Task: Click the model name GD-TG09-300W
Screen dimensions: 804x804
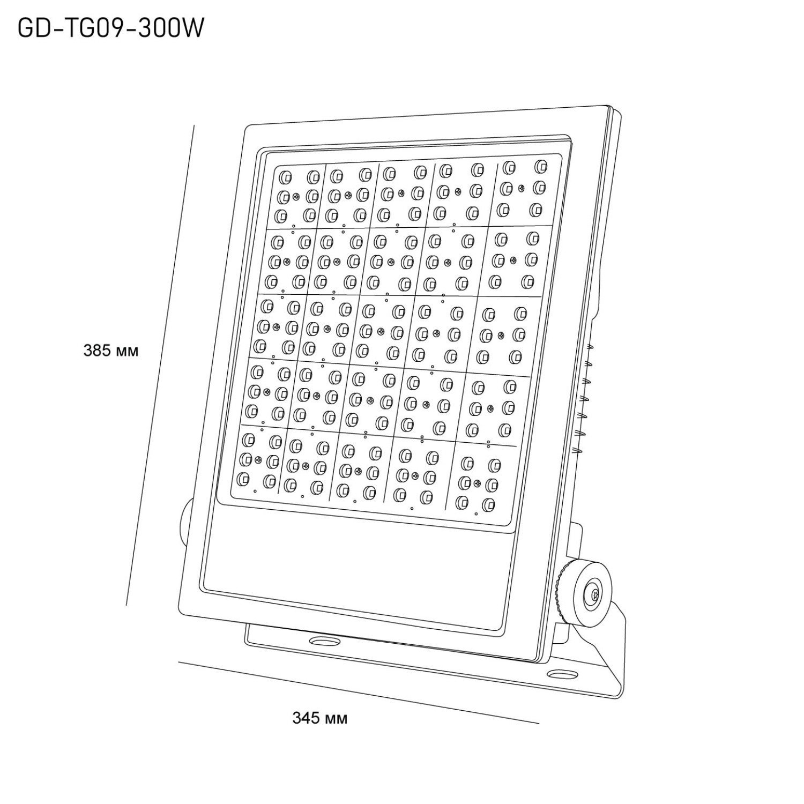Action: click(111, 28)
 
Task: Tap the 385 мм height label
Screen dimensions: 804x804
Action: click(111, 351)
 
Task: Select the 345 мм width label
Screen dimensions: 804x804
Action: click(319, 718)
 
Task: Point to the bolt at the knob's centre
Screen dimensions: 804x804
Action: click(593, 594)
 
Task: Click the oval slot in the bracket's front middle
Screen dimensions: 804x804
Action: click(323, 641)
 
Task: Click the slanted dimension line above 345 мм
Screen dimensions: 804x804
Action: click(359, 692)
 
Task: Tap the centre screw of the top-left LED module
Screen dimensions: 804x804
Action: click(295, 196)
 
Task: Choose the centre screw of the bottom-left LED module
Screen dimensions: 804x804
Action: click(258, 459)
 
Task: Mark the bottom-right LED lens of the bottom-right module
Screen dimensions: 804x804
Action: click(489, 505)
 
